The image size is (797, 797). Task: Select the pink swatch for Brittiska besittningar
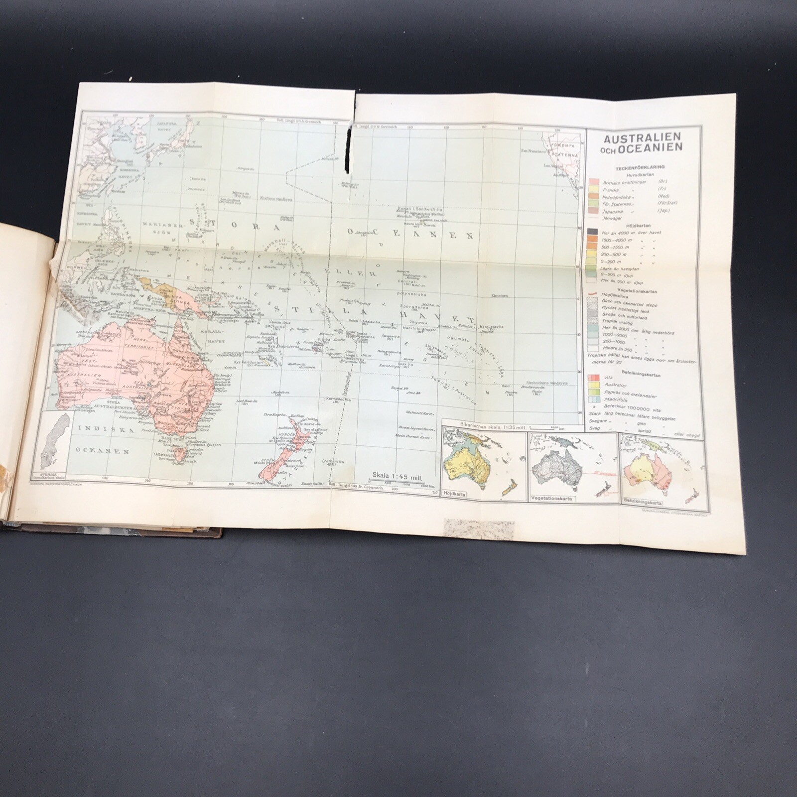[593, 182]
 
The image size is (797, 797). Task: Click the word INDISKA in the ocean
[95, 428]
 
